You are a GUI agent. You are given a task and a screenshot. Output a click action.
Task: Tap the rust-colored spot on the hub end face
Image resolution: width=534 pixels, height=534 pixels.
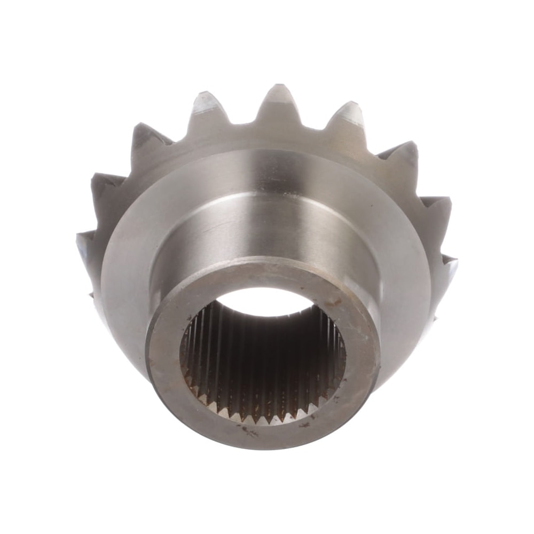[334, 303]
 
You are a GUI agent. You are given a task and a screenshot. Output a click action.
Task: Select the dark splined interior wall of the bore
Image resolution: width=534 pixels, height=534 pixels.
[262, 358]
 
